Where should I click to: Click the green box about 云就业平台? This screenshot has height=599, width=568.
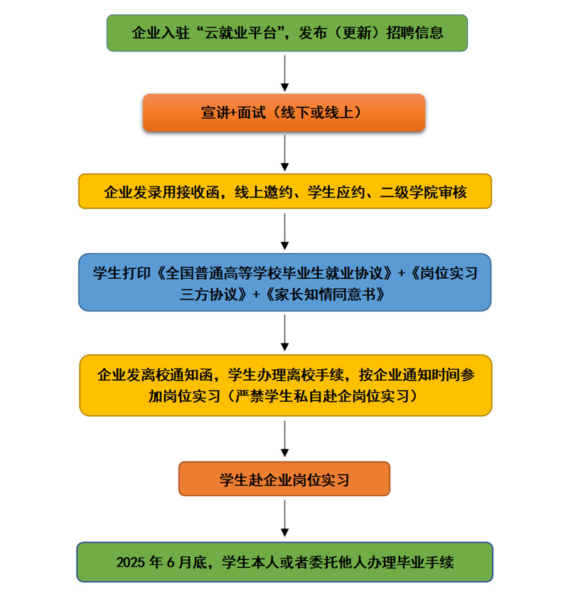tap(287, 33)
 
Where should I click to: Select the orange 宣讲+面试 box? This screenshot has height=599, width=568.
tap(284, 113)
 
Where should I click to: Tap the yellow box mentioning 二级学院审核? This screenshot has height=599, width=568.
tap(284, 191)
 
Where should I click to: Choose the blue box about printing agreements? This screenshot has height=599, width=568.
tap(284, 282)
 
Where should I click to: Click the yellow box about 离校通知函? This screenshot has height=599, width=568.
tap(285, 385)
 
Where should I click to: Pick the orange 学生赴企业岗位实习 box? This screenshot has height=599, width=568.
tap(284, 479)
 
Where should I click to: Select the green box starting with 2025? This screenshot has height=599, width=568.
tap(284, 562)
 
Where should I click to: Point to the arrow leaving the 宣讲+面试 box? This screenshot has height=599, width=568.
tap(284, 152)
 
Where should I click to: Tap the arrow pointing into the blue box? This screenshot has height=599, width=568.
tap(284, 230)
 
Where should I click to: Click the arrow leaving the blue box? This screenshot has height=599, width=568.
tap(284, 332)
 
